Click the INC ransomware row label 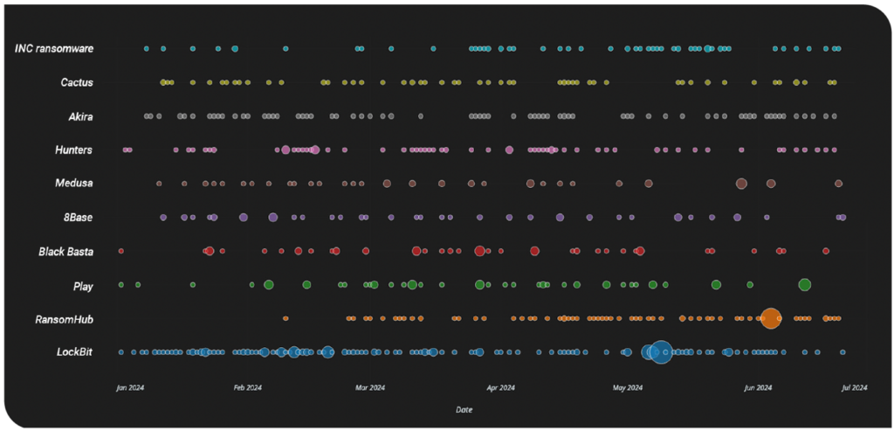(x=54, y=48)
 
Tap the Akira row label (x=80, y=116)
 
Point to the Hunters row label (x=74, y=150)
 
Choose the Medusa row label (x=74, y=184)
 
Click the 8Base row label (x=77, y=218)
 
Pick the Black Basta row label (x=65, y=252)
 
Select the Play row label (x=83, y=286)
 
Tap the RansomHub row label (x=66, y=319)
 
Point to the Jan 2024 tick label (x=130, y=387)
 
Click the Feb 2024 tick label (x=248, y=387)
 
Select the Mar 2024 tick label (x=370, y=387)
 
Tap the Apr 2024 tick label (x=500, y=387)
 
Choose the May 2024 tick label (x=628, y=387)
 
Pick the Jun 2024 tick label (x=758, y=387)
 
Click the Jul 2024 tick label (x=854, y=387)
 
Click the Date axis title (x=465, y=409)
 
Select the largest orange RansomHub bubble (x=770, y=318)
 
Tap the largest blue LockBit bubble (x=661, y=351)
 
